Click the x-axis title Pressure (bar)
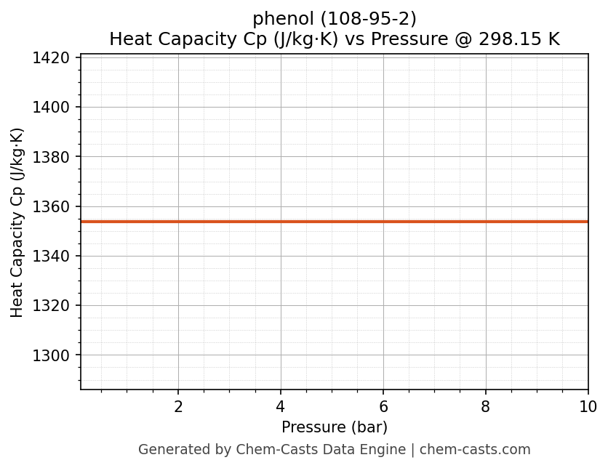335,427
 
